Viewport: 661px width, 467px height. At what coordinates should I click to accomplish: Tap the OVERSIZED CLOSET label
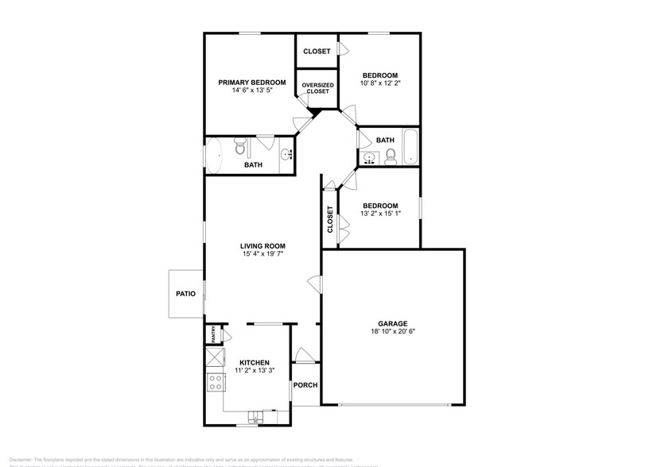click(317, 87)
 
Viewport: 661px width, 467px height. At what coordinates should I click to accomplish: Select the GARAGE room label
click(392, 323)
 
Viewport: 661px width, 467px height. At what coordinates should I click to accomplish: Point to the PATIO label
click(185, 294)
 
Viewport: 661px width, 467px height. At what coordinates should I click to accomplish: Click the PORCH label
click(305, 385)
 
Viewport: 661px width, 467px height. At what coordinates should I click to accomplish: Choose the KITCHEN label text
click(255, 362)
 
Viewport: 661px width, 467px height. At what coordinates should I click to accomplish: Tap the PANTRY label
click(212, 335)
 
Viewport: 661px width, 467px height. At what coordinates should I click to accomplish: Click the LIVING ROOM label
click(262, 246)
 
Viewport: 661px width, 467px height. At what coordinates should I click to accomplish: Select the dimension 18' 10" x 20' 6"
click(392, 332)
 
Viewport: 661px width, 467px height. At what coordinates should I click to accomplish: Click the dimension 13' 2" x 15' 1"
click(379, 213)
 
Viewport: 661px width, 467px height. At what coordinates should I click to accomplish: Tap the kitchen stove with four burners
click(215, 382)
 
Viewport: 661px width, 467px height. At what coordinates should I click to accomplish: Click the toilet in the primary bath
click(240, 147)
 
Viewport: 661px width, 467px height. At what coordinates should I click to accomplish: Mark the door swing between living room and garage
click(315, 283)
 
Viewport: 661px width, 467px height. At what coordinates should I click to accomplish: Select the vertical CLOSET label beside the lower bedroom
click(329, 220)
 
